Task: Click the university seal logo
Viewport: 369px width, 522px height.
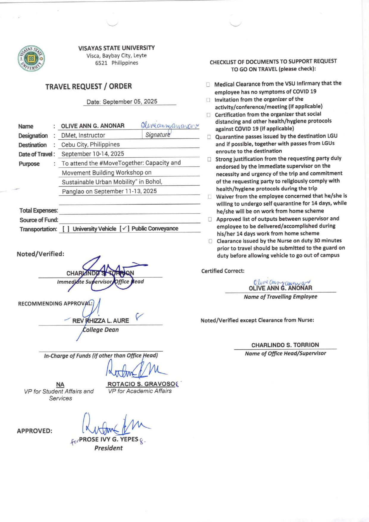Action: (x=31, y=58)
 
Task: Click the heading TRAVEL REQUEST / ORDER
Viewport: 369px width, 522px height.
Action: (x=88, y=86)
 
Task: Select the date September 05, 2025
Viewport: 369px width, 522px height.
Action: (x=122, y=102)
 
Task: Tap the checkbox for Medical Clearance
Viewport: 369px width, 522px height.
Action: (x=208, y=85)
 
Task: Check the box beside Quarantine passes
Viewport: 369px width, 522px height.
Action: (x=209, y=137)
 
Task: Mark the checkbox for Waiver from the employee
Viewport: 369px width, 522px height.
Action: (x=210, y=197)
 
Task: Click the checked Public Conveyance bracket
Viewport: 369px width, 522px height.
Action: (x=125, y=229)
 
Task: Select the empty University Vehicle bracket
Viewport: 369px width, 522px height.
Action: (x=66, y=229)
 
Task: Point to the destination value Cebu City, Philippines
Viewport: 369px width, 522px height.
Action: (x=90, y=144)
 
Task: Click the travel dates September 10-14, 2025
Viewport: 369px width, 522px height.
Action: (x=93, y=154)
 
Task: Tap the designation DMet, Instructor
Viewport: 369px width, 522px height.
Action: (x=83, y=135)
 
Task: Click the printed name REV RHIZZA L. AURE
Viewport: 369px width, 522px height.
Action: (x=101, y=321)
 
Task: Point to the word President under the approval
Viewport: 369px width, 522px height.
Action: (x=108, y=448)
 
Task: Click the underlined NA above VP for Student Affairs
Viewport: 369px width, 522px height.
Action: (x=60, y=384)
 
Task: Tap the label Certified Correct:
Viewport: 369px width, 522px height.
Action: (x=223, y=271)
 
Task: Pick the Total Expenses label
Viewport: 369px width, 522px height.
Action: (x=38, y=211)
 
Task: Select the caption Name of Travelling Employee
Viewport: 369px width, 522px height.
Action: (x=280, y=297)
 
